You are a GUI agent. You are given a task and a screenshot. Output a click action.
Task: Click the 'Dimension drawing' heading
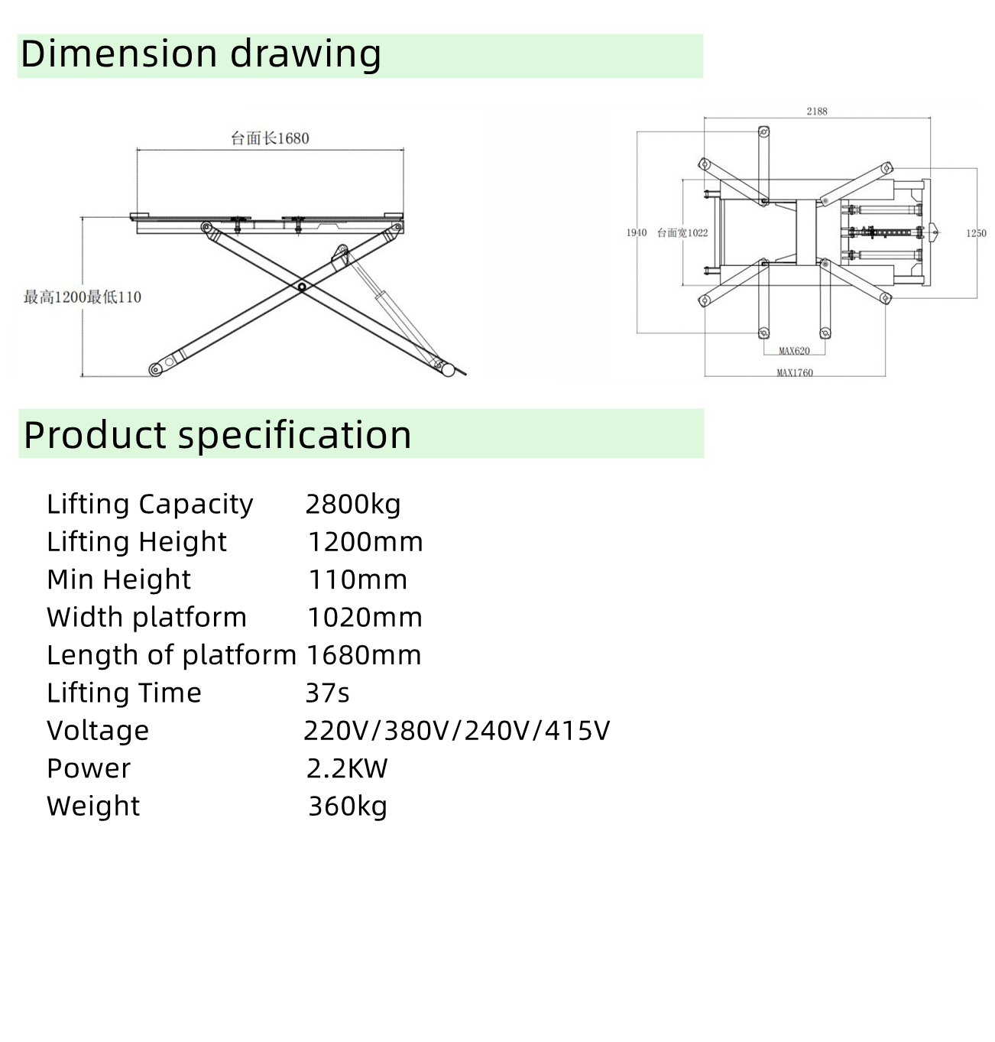[x=201, y=54]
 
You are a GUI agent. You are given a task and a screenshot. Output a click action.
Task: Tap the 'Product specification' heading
[x=217, y=435]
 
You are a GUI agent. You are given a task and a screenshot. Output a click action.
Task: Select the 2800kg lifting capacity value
[x=353, y=505]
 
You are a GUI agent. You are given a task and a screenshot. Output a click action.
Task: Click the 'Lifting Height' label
[x=137, y=542]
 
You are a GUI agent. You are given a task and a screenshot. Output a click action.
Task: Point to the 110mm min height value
[x=358, y=580]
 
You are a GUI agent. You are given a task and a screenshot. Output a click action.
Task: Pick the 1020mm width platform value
[x=365, y=618]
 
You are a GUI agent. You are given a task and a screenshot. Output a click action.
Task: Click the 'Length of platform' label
[x=171, y=655]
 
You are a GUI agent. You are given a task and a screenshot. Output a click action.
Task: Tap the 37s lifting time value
[x=327, y=693]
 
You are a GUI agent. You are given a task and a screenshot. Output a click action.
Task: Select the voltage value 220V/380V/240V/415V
[x=456, y=731]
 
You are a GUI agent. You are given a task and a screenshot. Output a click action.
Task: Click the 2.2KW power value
[x=347, y=769]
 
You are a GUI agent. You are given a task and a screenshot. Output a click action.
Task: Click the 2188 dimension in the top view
[x=817, y=112]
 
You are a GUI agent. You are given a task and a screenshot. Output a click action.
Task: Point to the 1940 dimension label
[x=637, y=232]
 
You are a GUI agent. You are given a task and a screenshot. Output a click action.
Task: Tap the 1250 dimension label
[x=976, y=233]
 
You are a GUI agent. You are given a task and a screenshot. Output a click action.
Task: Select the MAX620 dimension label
[x=794, y=351]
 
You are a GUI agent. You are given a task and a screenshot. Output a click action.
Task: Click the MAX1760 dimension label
[x=795, y=372]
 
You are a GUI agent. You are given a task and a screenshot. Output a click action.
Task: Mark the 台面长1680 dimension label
[x=270, y=138]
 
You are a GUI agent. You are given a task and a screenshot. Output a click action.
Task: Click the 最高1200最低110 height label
[x=83, y=297]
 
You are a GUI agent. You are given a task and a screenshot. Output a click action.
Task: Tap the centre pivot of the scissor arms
[x=302, y=287]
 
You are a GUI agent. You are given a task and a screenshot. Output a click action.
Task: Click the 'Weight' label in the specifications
[x=93, y=807]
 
